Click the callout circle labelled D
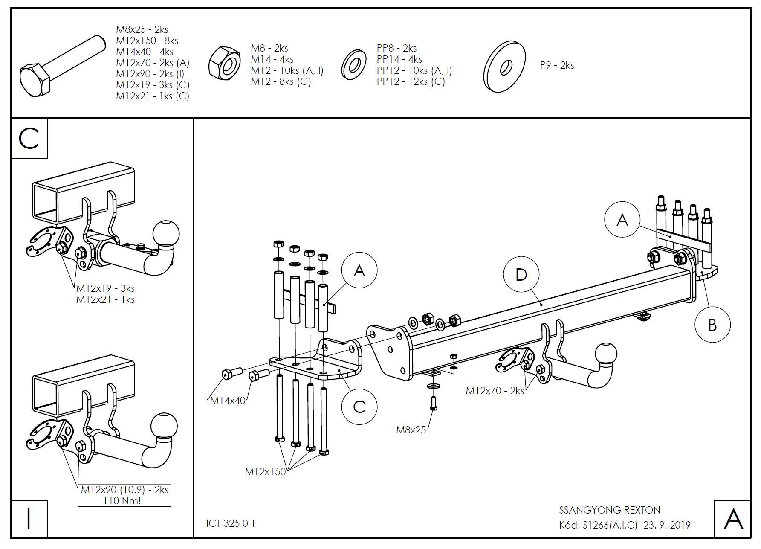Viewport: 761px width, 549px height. (x=521, y=275)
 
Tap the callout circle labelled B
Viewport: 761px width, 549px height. (x=712, y=325)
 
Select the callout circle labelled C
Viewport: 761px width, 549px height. (x=359, y=407)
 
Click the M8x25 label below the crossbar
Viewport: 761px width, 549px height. (x=411, y=430)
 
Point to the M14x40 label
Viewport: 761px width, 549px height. (x=228, y=401)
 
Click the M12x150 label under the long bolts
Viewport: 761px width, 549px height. (x=265, y=472)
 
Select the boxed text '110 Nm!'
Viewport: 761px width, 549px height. (x=122, y=500)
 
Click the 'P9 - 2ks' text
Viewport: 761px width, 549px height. (x=557, y=65)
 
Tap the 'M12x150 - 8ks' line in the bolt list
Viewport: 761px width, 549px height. (x=147, y=41)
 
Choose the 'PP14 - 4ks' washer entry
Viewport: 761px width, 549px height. (x=399, y=59)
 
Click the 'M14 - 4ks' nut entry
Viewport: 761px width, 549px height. (x=272, y=59)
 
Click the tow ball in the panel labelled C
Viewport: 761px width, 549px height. (x=166, y=233)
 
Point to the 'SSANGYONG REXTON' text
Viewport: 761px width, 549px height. (x=609, y=510)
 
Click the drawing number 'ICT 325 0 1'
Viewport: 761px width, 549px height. (x=231, y=523)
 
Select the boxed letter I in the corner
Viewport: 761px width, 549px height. (x=29, y=519)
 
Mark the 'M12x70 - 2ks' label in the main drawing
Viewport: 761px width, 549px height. (x=495, y=391)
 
